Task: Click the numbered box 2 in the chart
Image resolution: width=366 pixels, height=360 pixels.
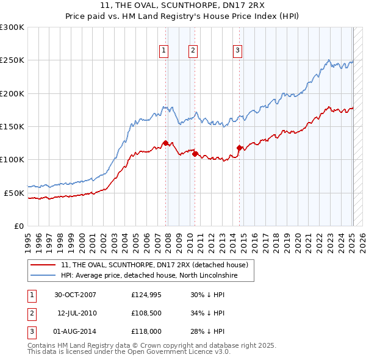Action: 193,51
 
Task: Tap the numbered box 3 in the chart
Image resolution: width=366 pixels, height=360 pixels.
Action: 237,51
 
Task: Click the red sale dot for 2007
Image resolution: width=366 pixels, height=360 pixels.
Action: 165,143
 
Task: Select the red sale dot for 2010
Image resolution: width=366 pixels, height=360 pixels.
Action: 195,154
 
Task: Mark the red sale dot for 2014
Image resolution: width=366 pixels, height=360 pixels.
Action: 239,148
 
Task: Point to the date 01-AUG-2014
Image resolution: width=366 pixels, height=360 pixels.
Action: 76,331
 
